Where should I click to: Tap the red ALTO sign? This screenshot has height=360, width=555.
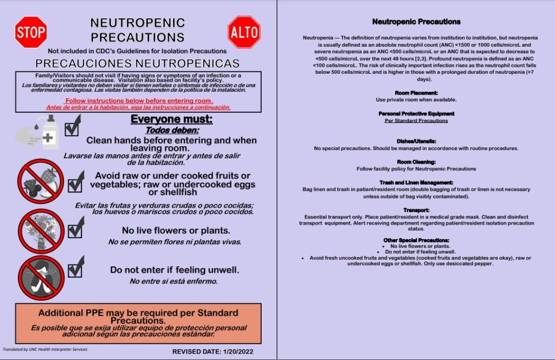(x=244, y=31)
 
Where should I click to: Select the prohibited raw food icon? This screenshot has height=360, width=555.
(x=41, y=181)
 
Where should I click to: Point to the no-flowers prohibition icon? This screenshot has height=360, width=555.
(x=41, y=229)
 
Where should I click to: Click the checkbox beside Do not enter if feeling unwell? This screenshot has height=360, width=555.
(x=74, y=267)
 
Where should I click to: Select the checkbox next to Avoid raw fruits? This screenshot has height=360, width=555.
(x=74, y=181)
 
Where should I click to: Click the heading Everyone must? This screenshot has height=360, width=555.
(x=172, y=119)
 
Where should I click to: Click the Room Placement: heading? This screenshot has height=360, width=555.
(x=416, y=93)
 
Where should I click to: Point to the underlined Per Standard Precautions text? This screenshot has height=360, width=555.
(x=416, y=120)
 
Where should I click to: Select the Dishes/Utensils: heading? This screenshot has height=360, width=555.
(x=416, y=142)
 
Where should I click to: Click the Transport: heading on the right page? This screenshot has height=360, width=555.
(x=416, y=210)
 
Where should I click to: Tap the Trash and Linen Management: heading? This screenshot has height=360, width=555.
(x=416, y=183)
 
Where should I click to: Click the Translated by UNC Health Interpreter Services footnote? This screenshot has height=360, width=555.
(x=45, y=350)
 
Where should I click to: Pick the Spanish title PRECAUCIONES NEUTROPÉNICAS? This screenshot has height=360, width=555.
(x=138, y=63)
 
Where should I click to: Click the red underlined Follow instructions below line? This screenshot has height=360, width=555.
(x=138, y=101)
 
